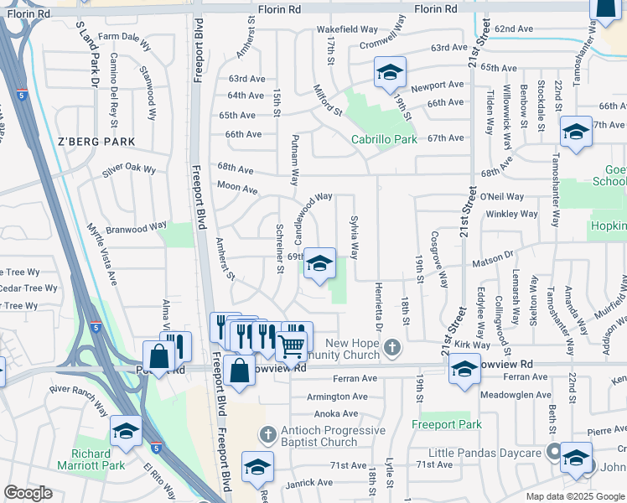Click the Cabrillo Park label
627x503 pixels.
[x=384, y=140]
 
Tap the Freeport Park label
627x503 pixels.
[x=447, y=425]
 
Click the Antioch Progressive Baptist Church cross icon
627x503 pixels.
[x=267, y=435]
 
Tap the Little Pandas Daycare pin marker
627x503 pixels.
[x=553, y=451]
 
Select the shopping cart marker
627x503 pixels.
[x=291, y=344]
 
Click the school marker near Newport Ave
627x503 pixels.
[x=389, y=73]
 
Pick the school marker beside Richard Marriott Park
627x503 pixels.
[x=126, y=432]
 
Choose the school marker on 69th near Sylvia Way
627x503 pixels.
[x=319, y=264]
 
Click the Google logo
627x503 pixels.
[x=28, y=493]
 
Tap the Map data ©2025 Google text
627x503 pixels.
[x=574, y=496]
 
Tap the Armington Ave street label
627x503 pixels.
[x=338, y=397]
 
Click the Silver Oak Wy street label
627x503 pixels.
[x=129, y=169]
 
